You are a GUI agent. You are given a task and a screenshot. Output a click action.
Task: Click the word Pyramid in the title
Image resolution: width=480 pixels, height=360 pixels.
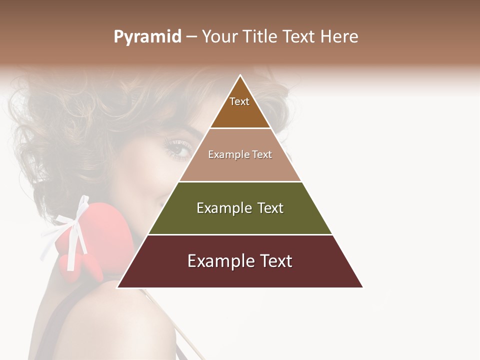pos(147,37)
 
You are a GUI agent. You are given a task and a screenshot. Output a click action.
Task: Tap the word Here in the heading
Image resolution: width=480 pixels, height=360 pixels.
pos(339,36)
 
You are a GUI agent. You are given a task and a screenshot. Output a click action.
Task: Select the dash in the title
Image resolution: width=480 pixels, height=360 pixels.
pos(191,37)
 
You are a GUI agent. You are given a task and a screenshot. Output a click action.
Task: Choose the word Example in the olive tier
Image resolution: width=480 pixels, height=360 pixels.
pos(223,208)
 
